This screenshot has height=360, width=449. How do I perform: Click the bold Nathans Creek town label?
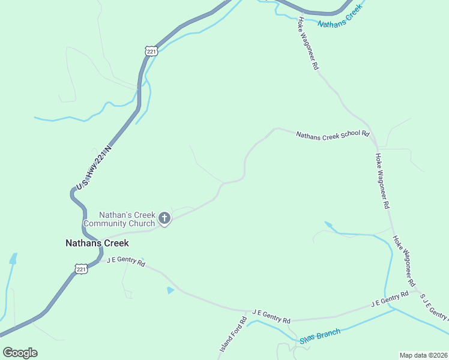(x=97, y=243)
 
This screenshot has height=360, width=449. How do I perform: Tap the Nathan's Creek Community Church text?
(x=119, y=219)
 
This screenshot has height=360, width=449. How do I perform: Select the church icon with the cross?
(x=164, y=218)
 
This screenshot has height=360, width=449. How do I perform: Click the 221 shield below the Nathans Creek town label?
(x=82, y=269)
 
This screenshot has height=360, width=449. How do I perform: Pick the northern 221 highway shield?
(x=151, y=52)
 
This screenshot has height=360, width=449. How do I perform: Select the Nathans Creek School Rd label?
(x=332, y=134)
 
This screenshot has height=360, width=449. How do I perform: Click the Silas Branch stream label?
(x=320, y=336)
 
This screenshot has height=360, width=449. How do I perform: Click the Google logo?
(x=20, y=353)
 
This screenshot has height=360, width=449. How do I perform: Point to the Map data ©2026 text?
(x=423, y=355)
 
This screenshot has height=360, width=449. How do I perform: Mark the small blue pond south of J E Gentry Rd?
(x=170, y=290)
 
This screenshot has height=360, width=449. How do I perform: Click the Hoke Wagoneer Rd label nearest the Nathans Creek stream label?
(x=307, y=44)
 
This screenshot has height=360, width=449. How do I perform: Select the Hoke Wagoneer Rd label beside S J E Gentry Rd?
(x=405, y=261)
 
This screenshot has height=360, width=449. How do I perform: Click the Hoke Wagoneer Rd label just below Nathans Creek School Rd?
(x=382, y=181)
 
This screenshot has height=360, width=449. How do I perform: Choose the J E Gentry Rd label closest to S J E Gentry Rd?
(x=390, y=299)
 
